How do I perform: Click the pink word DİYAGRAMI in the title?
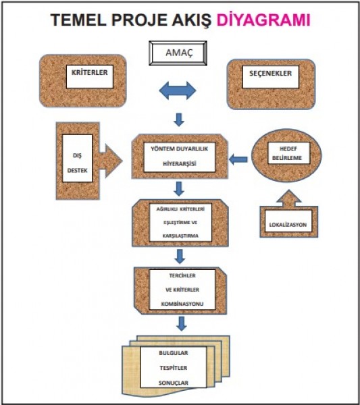[263, 20]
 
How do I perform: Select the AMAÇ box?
[178, 53]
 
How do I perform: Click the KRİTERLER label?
[90, 73]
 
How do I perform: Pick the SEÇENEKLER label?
[271, 74]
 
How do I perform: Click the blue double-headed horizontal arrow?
[178, 90]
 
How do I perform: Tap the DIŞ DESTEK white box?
[77, 159]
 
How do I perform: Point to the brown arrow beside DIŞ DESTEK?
[111, 161]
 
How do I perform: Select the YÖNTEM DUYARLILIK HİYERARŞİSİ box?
[180, 157]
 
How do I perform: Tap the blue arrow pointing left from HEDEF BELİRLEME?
[238, 159]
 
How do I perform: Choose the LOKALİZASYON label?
[288, 225]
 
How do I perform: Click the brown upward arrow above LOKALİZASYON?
[288, 198]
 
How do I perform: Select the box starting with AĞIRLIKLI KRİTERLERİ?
[180, 222]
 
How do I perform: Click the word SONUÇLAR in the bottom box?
[174, 383]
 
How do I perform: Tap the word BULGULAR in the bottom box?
[174, 353]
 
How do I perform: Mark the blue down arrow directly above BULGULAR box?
[182, 323]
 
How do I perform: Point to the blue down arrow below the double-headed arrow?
[179, 119]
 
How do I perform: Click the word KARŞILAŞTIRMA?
[180, 236]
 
